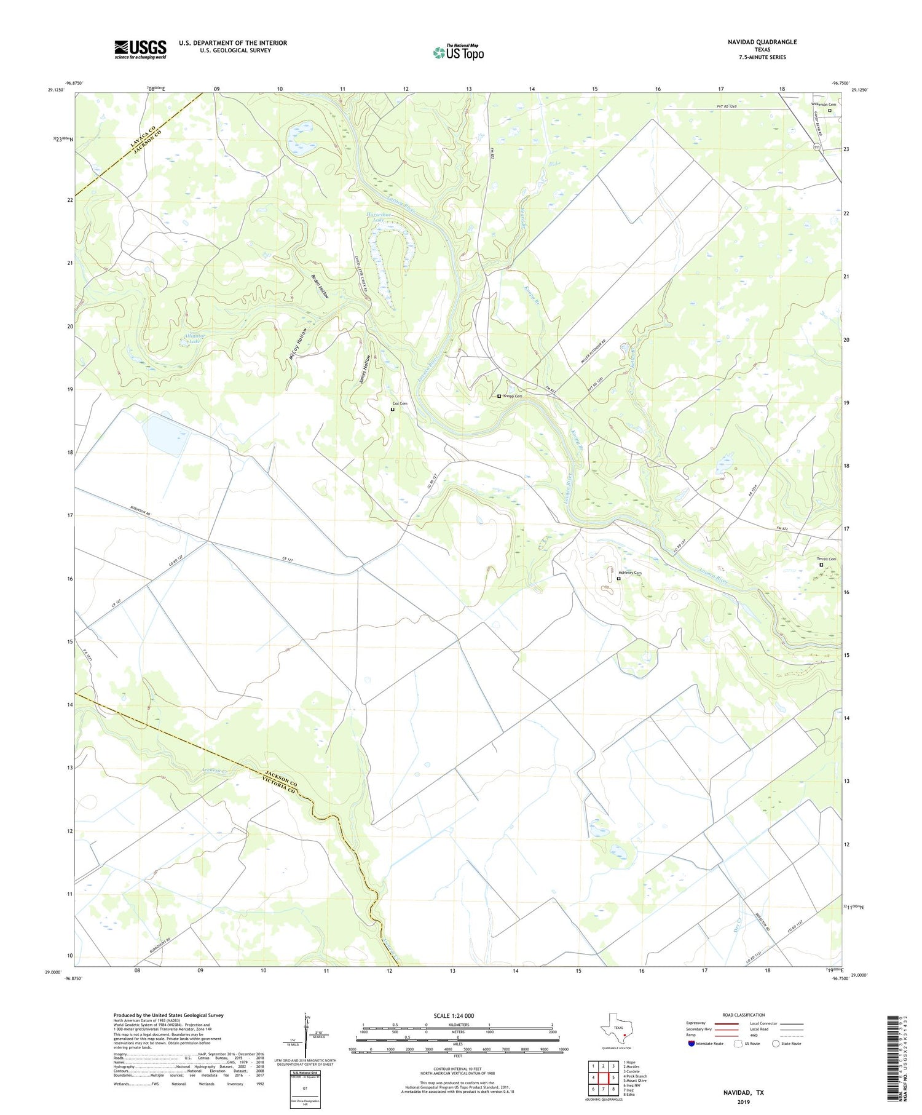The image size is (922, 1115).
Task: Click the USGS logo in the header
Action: (140, 49)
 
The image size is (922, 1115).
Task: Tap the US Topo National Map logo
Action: (458, 52)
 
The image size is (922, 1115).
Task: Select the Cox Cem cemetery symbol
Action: (393, 409)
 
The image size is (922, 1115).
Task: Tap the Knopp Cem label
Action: (513, 396)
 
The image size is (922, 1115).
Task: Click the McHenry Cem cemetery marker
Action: (619, 579)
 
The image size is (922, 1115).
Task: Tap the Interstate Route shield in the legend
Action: (691, 1044)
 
